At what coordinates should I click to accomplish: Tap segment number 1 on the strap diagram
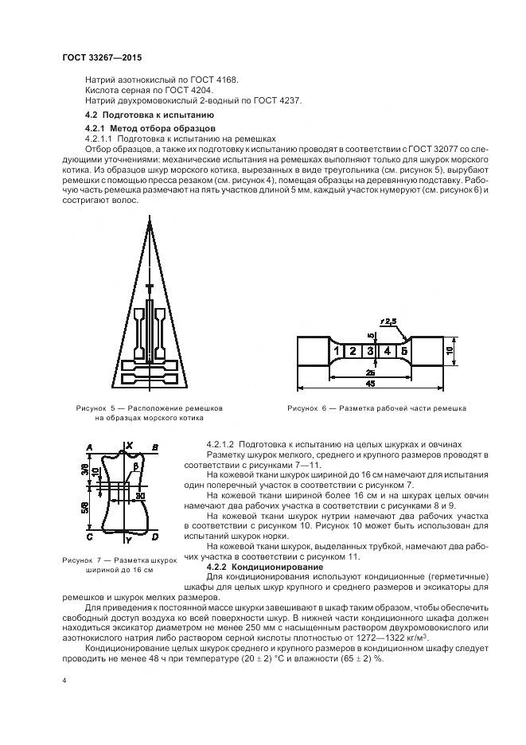point(338,349)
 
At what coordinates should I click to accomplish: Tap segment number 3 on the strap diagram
point(370,349)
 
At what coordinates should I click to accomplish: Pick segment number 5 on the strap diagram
point(403,349)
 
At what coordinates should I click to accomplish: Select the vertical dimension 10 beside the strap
point(450,349)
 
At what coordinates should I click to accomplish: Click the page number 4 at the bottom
point(64,682)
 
